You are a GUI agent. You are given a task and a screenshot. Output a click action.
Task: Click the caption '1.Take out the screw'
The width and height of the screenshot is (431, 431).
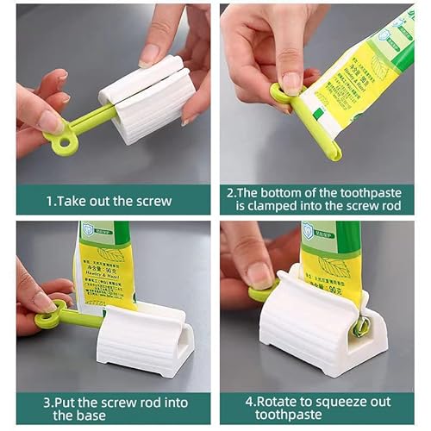108,202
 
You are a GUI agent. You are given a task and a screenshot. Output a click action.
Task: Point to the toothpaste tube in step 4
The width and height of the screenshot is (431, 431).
332,259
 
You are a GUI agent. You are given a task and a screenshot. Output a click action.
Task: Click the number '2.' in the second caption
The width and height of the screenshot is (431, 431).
231,193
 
